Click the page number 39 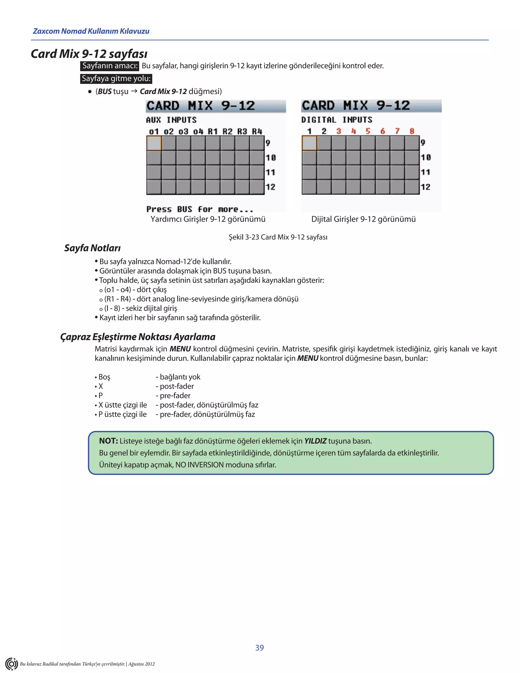tap(259, 647)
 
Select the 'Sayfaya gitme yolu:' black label tap(116, 78)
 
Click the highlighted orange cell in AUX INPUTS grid tap(154, 143)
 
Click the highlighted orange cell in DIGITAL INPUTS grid tap(309, 143)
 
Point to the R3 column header tap(242, 132)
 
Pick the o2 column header tap(169, 132)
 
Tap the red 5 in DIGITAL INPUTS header tap(368, 131)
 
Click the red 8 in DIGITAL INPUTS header tap(412, 131)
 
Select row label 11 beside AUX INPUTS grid tap(270, 172)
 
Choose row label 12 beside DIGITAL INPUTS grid tap(426, 187)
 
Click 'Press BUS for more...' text tap(200, 209)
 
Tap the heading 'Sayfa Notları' tap(92, 248)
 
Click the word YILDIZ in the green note tap(315, 441)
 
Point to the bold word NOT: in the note tap(108, 441)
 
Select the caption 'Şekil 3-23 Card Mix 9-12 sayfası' tap(278, 237)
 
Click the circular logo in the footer tap(11, 663)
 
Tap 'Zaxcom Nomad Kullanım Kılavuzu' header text tap(91, 31)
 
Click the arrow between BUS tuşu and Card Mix tap(134, 91)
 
